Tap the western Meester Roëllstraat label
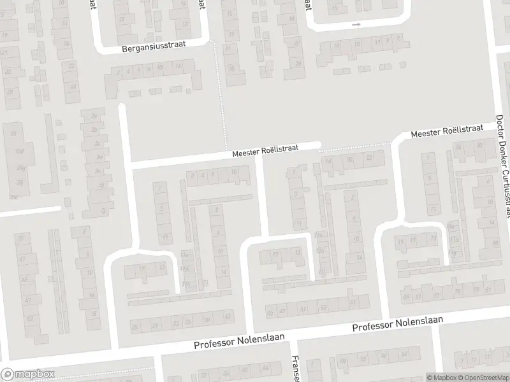(265, 151)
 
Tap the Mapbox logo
(28, 374)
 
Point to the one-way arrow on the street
(356, 25)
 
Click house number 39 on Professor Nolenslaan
(207, 320)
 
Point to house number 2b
(94, 116)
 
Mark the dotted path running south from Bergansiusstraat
(221, 89)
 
